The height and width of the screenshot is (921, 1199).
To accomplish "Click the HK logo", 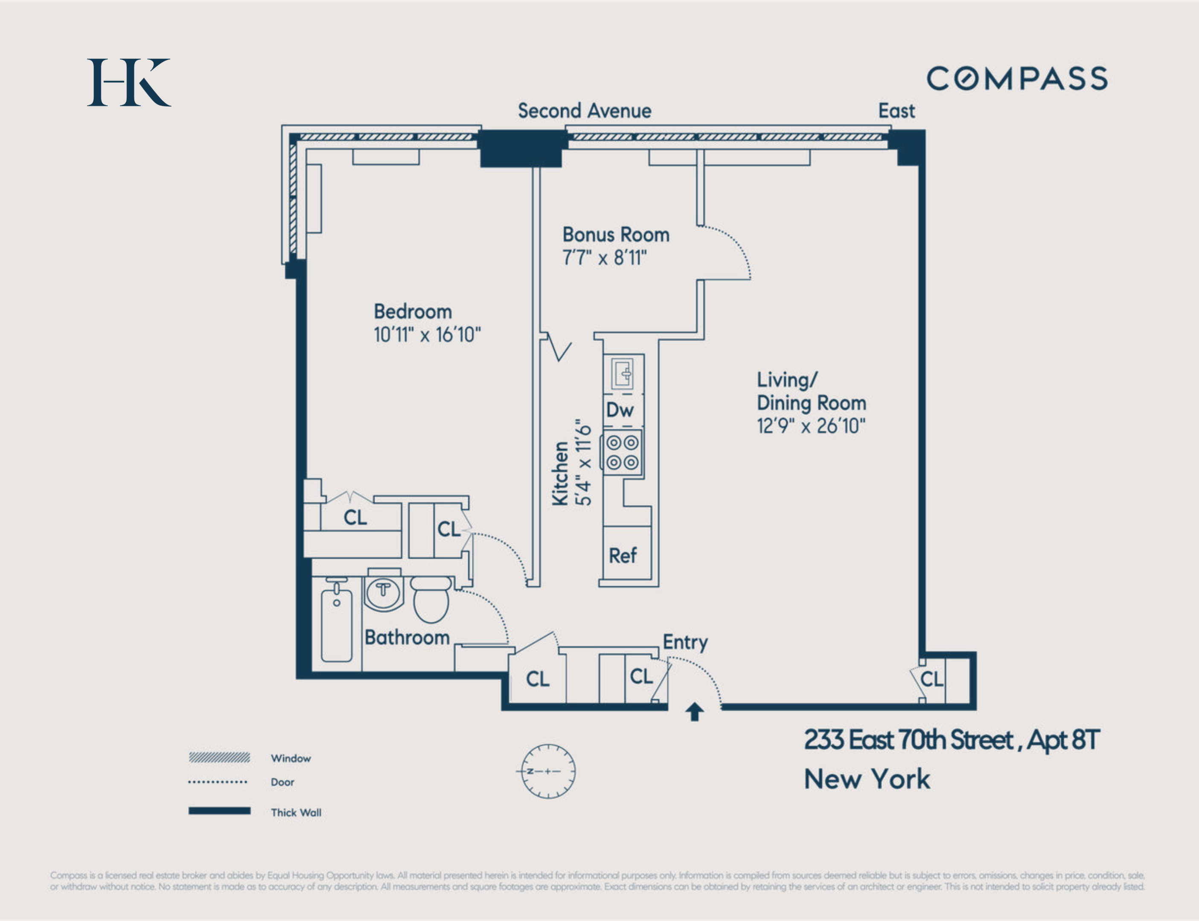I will pyautogui.click(x=129, y=82).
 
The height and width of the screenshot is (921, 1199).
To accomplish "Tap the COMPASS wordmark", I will pyautogui.click(x=1017, y=78).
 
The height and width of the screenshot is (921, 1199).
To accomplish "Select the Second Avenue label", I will pyautogui.click(x=585, y=111).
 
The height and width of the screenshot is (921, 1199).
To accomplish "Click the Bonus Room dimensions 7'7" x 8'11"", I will pyautogui.click(x=605, y=258).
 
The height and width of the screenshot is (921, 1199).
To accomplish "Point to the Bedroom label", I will pyautogui.click(x=413, y=311).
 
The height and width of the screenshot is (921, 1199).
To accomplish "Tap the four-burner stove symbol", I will pyautogui.click(x=623, y=452).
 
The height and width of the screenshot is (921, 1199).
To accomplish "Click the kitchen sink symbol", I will pyautogui.click(x=623, y=374).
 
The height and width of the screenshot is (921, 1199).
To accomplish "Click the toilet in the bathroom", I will pyautogui.click(x=431, y=600).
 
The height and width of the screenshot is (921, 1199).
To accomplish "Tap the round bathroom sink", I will pyautogui.click(x=384, y=593).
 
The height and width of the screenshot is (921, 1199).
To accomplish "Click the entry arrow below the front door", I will pyautogui.click(x=694, y=712).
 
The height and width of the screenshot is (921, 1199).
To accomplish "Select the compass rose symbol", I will pyautogui.click(x=548, y=771).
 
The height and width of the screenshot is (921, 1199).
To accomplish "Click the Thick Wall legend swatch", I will pyautogui.click(x=219, y=811).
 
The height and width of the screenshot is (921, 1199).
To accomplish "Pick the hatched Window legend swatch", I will pyautogui.click(x=219, y=758).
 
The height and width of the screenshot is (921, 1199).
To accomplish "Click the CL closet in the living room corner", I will pyautogui.click(x=931, y=679).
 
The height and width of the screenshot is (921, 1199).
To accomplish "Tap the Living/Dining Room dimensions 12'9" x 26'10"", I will pyautogui.click(x=811, y=426).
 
